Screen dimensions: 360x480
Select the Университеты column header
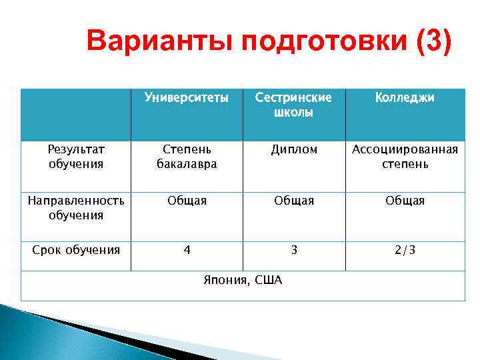point(187,98)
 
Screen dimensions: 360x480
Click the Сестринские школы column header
point(293,105)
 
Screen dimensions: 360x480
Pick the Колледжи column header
point(405,98)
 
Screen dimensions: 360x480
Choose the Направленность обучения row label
point(76,207)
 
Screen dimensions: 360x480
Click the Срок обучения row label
point(76,250)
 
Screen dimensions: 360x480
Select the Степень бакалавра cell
point(187,156)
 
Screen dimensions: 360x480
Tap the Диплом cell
point(293,149)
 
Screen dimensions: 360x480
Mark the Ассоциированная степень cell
point(405,156)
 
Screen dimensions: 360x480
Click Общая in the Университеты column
point(187,201)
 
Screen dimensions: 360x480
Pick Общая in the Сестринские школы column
point(293,201)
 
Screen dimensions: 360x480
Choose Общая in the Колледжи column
point(405,201)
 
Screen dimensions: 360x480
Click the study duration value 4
point(187,250)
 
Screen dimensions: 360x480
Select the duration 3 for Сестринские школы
point(293,250)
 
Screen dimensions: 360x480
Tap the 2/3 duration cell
point(405,250)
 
